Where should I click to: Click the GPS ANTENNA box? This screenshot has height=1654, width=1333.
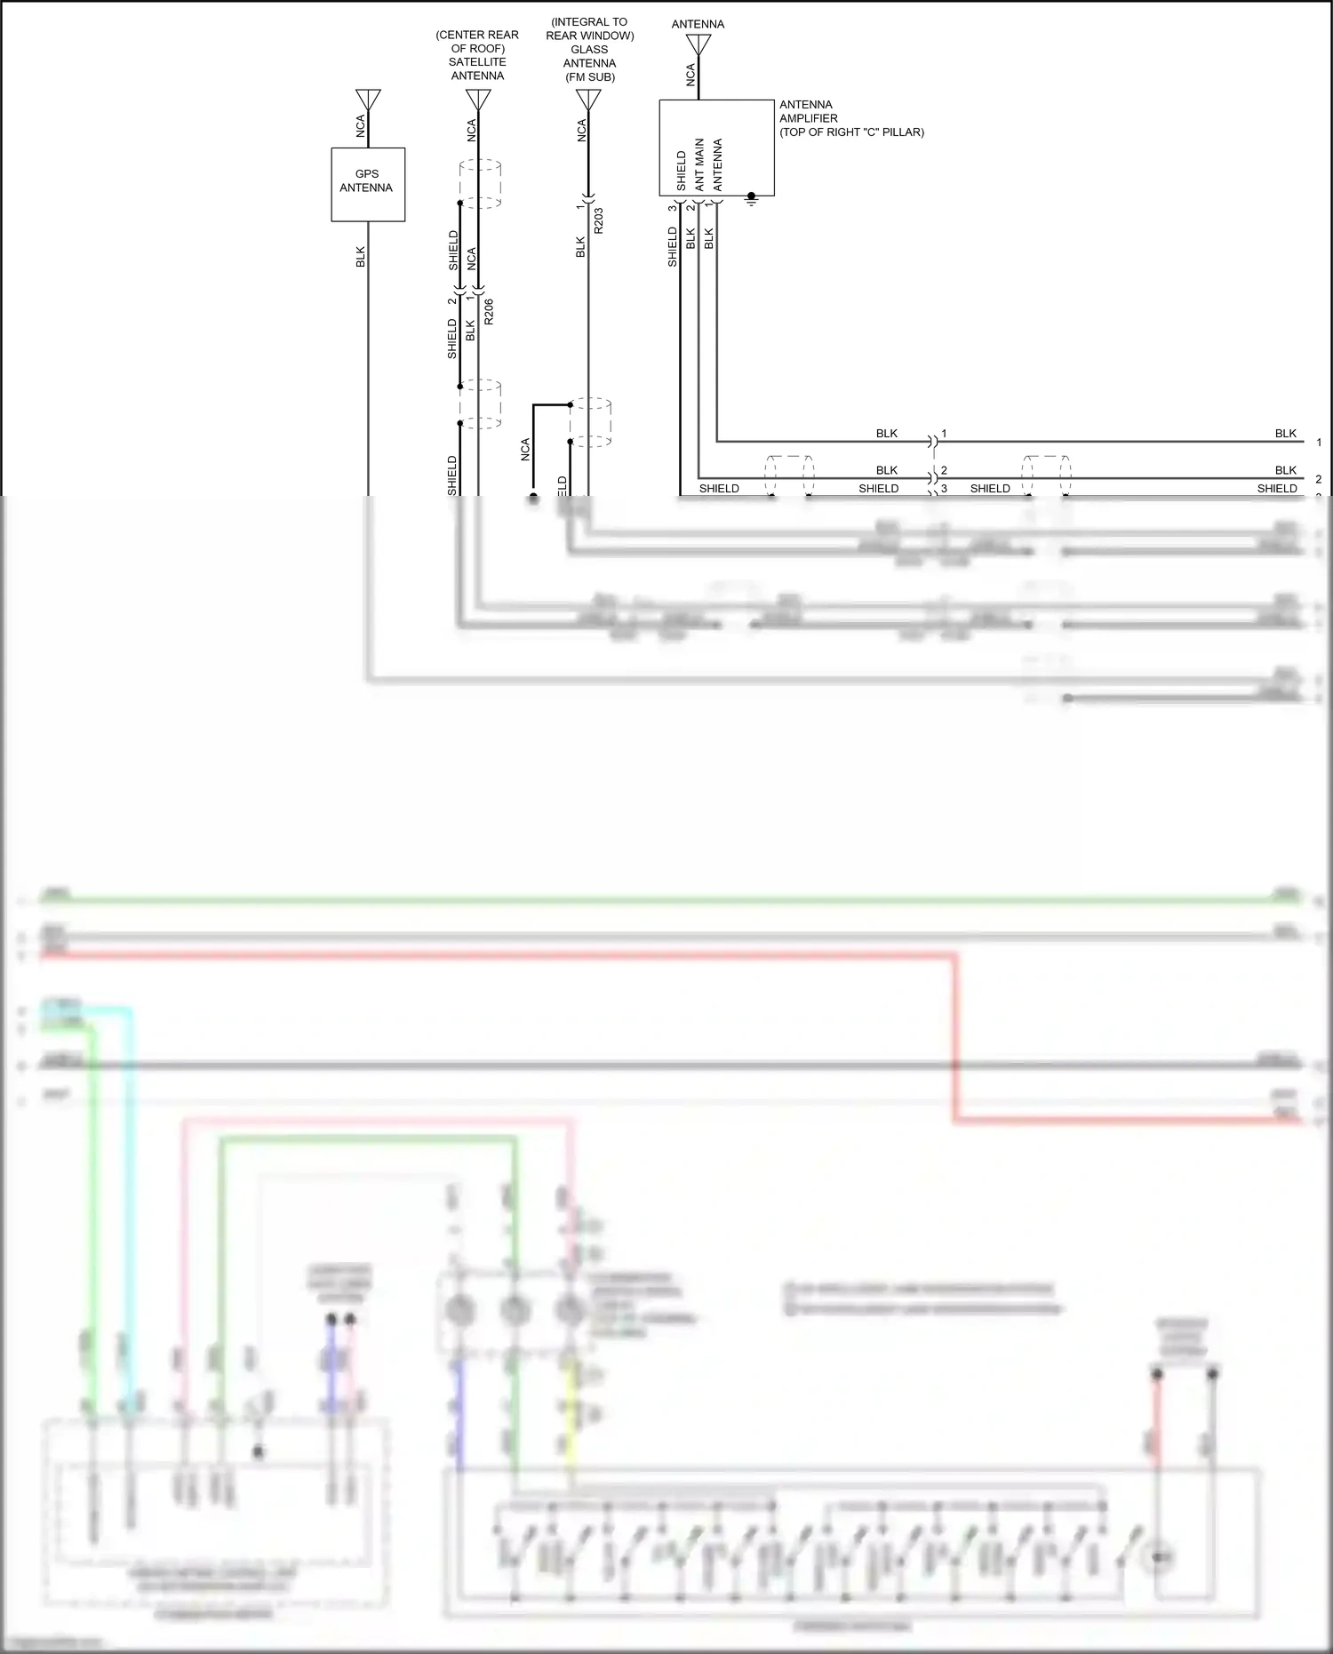coord(368,184)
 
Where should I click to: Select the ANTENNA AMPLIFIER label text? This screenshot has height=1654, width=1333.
coord(808,111)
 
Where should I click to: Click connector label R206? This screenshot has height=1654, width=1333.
coord(489,311)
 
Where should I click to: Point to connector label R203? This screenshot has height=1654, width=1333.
coord(598,221)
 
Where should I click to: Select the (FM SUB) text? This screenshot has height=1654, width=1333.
coord(589,77)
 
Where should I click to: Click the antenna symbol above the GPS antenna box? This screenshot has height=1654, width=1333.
coord(368,99)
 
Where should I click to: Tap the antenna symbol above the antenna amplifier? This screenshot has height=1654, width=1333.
coord(698,44)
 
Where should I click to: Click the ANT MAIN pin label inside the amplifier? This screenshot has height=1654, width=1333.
coord(699,164)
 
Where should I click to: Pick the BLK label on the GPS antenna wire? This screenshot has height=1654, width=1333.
coord(361,257)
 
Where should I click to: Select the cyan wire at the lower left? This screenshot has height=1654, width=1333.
coord(130,1200)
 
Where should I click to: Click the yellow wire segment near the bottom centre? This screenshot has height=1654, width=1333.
coord(571,1422)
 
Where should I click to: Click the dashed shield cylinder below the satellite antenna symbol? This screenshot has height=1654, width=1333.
coord(481,184)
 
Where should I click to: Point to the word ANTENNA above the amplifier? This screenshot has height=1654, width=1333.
coord(698,24)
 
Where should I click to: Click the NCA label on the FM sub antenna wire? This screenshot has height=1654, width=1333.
coord(582,131)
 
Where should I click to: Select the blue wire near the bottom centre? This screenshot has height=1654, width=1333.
coord(459,1413)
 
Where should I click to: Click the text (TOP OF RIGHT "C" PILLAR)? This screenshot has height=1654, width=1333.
coord(851,132)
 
